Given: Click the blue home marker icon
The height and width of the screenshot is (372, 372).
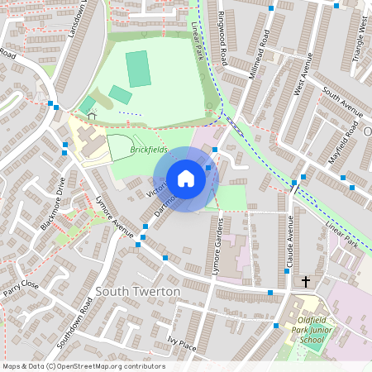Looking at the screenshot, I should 186,179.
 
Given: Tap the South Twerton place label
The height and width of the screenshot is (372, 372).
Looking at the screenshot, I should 138,292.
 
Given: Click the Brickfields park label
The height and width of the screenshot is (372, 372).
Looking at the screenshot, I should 148,150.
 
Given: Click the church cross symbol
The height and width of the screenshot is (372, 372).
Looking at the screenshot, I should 305,282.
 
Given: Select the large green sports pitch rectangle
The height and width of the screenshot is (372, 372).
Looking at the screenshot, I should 137,68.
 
